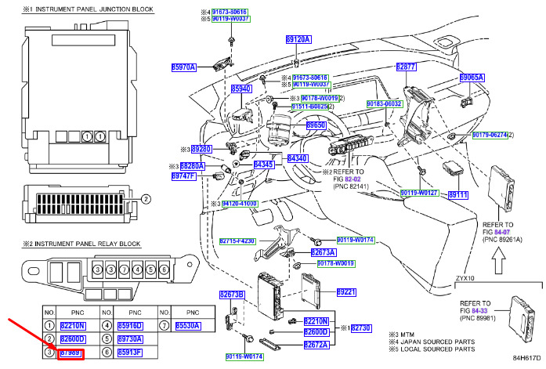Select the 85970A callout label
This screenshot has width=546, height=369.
pyautogui.click(x=184, y=67)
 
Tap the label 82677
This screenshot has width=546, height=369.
pyautogui.click(x=406, y=67)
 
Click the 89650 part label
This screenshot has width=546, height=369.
pyautogui.click(x=316, y=125)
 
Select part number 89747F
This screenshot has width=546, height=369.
pyautogui.click(x=183, y=176)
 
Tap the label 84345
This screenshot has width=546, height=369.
pyautogui.click(x=265, y=165)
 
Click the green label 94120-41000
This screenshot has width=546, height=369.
pyautogui.click(x=238, y=203)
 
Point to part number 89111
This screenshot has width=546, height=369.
pyautogui.click(x=457, y=194)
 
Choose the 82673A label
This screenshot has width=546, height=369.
pyautogui.click(x=323, y=252)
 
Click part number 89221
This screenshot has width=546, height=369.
pyautogui.click(x=346, y=292)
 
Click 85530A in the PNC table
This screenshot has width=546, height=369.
pyautogui.click(x=188, y=325)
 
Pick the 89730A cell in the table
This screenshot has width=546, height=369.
pyautogui.click(x=129, y=339)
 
